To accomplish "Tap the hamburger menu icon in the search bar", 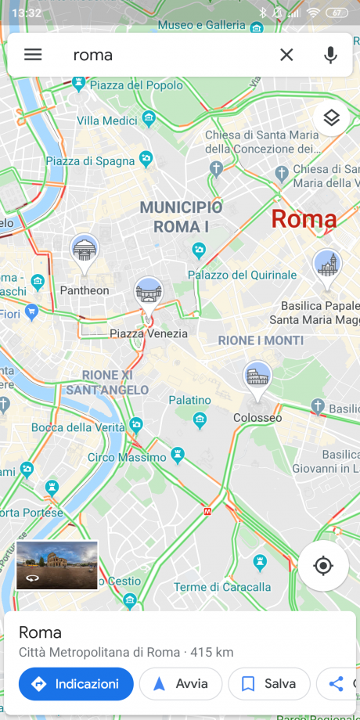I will (x=33, y=55).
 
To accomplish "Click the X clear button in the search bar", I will (x=286, y=55).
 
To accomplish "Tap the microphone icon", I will (x=330, y=55).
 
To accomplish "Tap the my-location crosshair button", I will (x=323, y=565).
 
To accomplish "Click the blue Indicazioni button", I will (x=76, y=684).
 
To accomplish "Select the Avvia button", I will (x=181, y=684).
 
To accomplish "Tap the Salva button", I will (x=268, y=684).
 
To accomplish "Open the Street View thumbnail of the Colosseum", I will (x=57, y=565).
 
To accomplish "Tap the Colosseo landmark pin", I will (x=257, y=380).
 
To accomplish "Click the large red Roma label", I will (x=304, y=219).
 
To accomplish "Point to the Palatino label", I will (x=190, y=400).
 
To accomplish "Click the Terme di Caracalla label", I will (x=222, y=587).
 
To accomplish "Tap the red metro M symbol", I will (x=207, y=511).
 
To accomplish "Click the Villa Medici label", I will (x=108, y=121).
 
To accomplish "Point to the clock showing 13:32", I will (x=27, y=13).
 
